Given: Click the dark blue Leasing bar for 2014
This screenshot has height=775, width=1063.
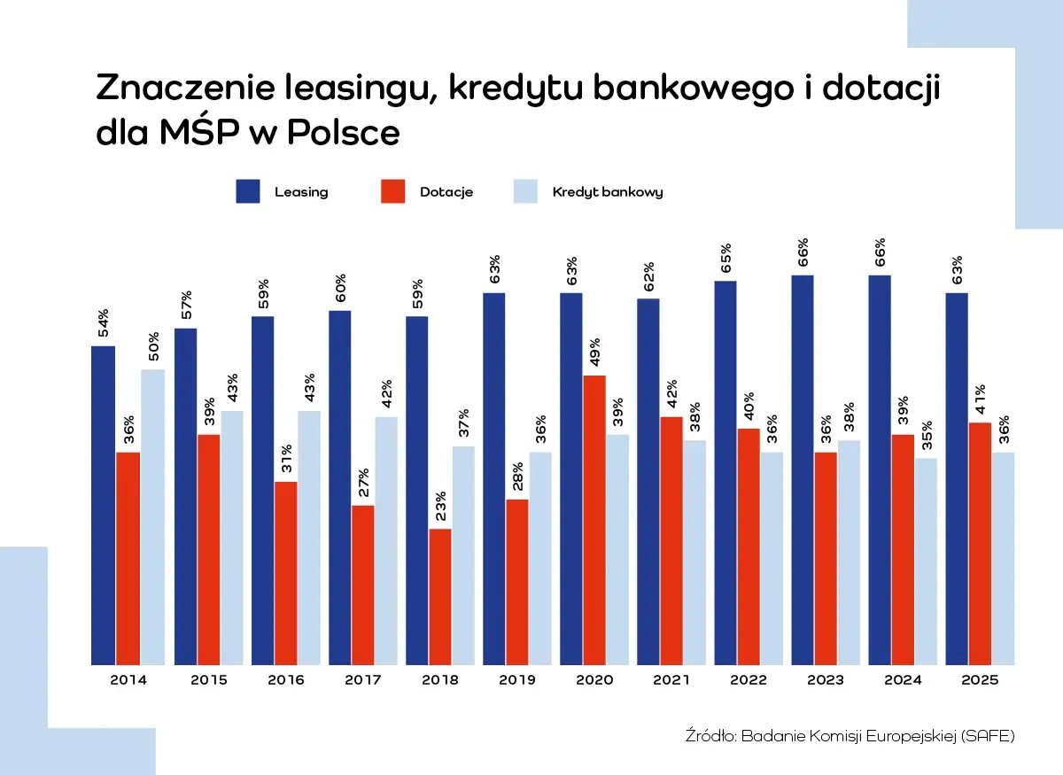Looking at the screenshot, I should coord(103,505).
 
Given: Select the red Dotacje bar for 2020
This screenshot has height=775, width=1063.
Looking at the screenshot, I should coord(594,520).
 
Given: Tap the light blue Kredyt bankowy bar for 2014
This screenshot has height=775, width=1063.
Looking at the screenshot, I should coord(152,516).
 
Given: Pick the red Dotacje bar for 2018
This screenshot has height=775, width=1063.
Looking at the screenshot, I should coord(440,596).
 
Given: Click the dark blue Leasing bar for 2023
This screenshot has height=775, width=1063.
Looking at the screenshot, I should coord(803,469).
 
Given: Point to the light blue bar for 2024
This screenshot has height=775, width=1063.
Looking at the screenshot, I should coord(926,561).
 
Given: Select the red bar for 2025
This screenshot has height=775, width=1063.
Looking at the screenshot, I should coord(980,543).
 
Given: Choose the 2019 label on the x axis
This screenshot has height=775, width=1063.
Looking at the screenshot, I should coord(517,680).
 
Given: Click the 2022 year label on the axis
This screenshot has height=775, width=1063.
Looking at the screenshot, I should coord(749,680).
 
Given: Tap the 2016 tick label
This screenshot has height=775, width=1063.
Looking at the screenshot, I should coord(285,680).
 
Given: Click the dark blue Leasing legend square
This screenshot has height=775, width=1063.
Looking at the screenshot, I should coord(248,191).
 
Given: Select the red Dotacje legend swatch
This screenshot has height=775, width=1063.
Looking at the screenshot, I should coord(393,191).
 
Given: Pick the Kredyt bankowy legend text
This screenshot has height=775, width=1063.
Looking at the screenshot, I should coord(608,191).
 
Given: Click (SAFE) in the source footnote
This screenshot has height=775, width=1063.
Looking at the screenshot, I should coord(987,735).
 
